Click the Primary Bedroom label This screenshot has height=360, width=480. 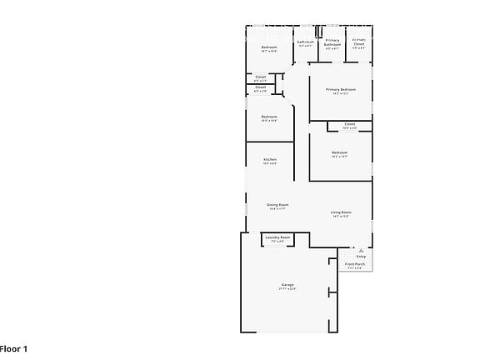341,88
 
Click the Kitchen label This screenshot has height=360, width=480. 270,159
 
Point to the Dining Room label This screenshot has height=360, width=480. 277,205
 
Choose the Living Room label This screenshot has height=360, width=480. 341,212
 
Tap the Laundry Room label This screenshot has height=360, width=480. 277,237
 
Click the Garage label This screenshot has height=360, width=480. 287,284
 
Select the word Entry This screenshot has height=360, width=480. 361,256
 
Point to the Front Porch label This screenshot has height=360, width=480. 355,264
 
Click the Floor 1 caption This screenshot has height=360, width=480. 14,347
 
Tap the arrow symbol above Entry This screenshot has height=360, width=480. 361,248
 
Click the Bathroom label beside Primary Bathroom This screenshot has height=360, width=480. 305,42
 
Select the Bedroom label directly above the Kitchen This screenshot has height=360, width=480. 268,116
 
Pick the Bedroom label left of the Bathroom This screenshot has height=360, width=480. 268,47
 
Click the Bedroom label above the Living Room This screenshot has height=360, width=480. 339,152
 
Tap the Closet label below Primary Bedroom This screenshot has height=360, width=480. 349,123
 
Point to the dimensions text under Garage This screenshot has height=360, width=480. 287,288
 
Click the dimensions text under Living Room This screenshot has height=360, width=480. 341,217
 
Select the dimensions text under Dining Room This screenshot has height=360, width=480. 277,209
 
